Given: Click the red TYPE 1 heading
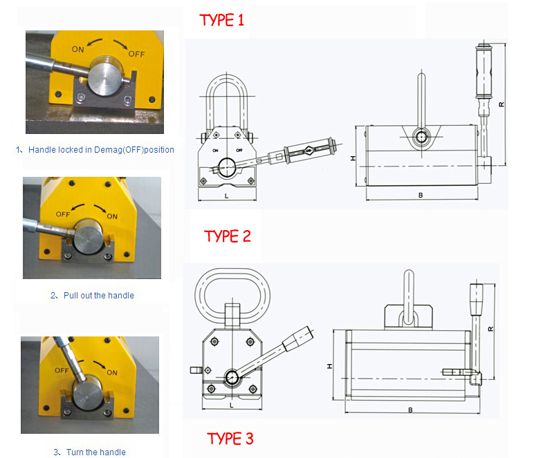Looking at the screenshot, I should point(221,20).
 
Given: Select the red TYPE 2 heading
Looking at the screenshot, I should point(228,236).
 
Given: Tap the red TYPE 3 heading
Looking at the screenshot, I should point(230,438).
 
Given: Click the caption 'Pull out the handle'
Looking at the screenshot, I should point(92,296).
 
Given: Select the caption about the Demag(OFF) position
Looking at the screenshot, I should point(94,149).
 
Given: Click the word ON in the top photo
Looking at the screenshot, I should point(77,49).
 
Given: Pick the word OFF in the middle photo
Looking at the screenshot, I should point(63,213).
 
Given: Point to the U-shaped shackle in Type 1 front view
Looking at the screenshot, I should point(226,104).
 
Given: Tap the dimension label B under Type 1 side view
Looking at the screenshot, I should point(420,195).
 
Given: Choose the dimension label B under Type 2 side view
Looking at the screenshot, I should point(410,410).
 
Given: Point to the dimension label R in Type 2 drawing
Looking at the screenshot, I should point(490,329).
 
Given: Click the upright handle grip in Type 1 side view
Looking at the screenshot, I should point(482,74).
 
